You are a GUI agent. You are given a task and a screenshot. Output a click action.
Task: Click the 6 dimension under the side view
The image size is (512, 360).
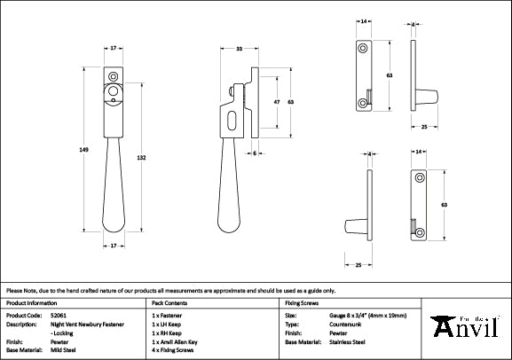coord(254,153)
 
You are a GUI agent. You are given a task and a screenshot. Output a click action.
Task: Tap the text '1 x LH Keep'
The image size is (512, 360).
coord(167,324)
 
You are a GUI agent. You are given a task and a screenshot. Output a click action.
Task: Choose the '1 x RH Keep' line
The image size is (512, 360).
coord(167,333)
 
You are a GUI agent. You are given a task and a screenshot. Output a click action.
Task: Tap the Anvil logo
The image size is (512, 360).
coord(465,327)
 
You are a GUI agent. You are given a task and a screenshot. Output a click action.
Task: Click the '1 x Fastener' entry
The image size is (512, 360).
coord(168,315)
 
